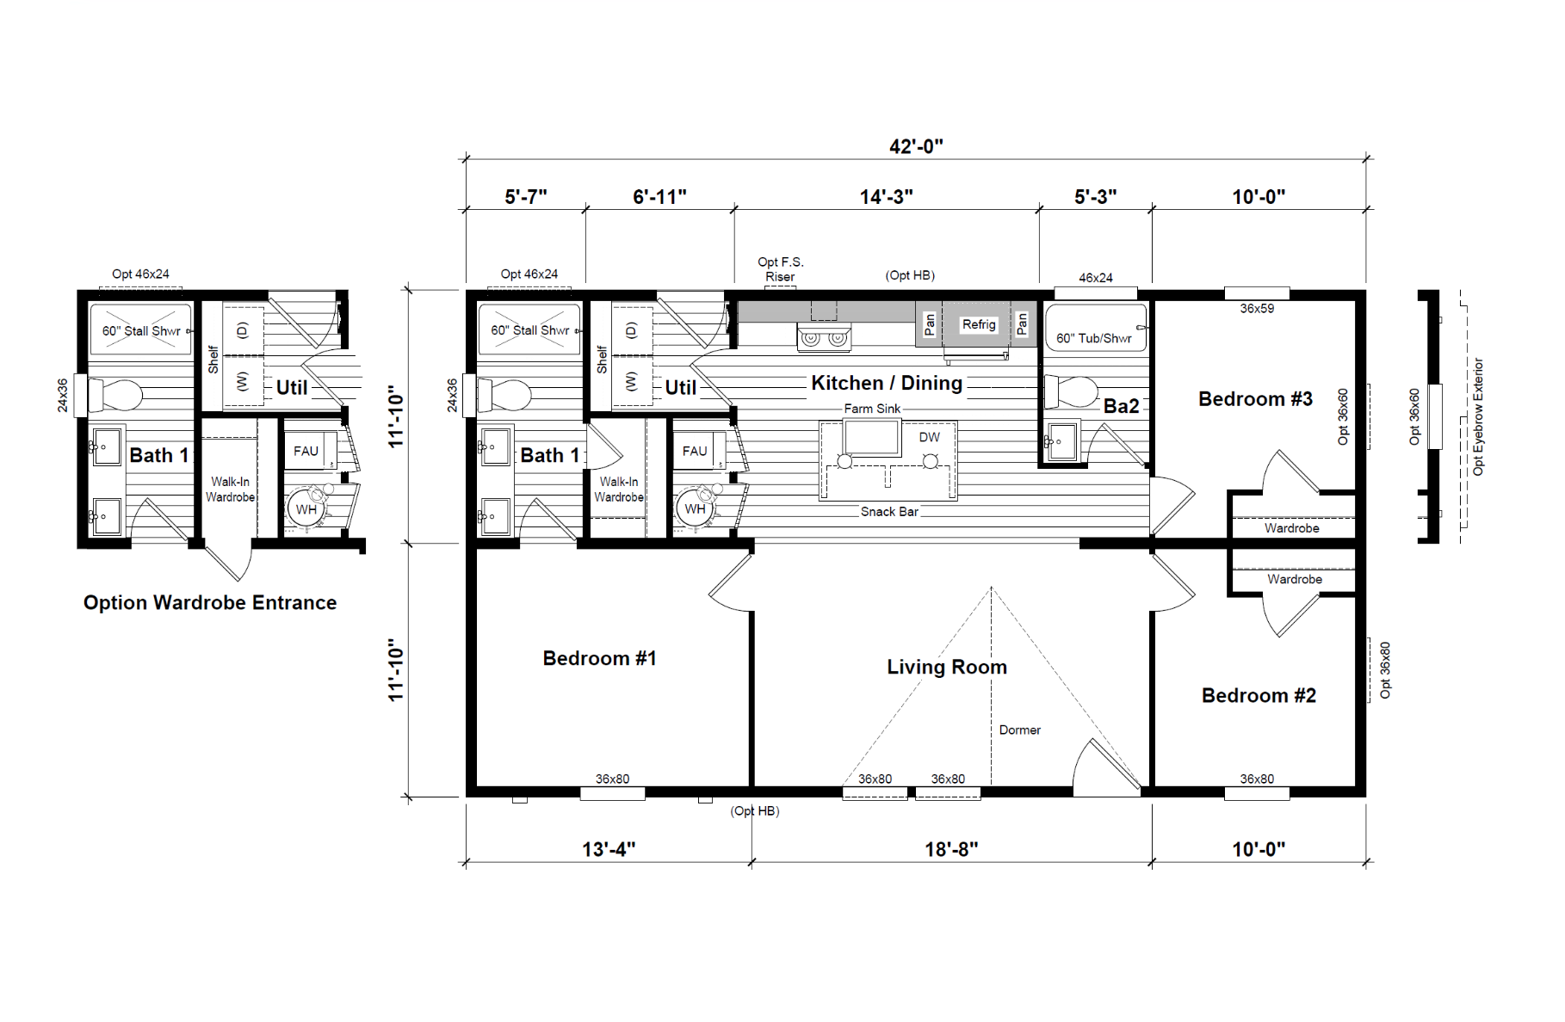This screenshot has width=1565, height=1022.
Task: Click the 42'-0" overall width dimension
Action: (916, 146)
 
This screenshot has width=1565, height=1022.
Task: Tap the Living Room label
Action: (947, 667)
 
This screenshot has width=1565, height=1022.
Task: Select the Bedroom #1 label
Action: (599, 658)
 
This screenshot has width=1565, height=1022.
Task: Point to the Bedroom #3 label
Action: (1255, 399)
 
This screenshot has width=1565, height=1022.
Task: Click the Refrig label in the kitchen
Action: (979, 324)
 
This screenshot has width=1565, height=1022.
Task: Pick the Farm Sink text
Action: (872, 409)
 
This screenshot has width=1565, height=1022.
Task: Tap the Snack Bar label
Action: (889, 512)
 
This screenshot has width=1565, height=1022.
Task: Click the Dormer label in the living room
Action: (1020, 730)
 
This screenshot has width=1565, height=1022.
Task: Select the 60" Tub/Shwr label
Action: (1094, 338)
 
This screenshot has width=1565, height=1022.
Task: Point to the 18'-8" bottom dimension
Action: (951, 850)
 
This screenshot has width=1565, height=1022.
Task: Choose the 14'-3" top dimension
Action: (886, 197)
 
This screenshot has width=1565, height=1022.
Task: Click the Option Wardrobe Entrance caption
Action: (210, 603)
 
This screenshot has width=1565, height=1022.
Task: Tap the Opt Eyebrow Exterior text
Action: (1478, 417)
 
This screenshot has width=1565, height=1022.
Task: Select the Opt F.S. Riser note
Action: (781, 269)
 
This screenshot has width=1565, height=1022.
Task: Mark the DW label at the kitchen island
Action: (930, 437)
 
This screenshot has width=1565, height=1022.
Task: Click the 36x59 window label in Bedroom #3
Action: (1257, 309)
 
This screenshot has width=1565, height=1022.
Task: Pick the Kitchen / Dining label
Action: (887, 383)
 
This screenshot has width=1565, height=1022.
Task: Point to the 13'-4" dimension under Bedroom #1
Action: (609, 850)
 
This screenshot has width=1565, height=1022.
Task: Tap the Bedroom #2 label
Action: (1259, 695)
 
